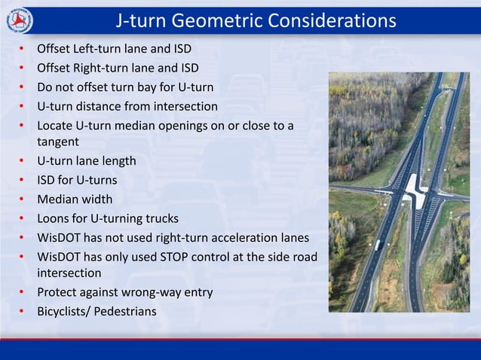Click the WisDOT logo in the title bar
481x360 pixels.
click(x=20, y=20)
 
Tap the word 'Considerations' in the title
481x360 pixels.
click(x=332, y=20)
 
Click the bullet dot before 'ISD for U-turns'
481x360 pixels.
click(x=22, y=179)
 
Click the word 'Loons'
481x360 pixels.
click(x=54, y=218)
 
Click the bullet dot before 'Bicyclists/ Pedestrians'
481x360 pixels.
click(x=22, y=310)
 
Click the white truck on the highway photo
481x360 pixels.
click(x=377, y=245)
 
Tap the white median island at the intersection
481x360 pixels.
click(x=413, y=187)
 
